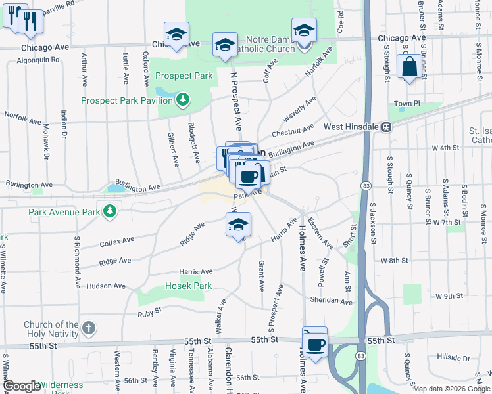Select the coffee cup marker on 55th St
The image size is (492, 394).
click(315, 343)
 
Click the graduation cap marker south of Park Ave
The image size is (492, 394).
click(238, 225)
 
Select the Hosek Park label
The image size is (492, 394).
click(189, 286)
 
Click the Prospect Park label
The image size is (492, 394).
click(184, 76)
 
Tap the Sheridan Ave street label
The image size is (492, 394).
click(332, 301)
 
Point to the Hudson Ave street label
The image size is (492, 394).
click(106, 286)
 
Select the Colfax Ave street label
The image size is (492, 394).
click(117, 242)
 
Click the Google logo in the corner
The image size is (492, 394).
click(22, 386)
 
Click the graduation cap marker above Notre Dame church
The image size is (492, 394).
click(304, 30)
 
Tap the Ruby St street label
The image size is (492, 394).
click(149, 311)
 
